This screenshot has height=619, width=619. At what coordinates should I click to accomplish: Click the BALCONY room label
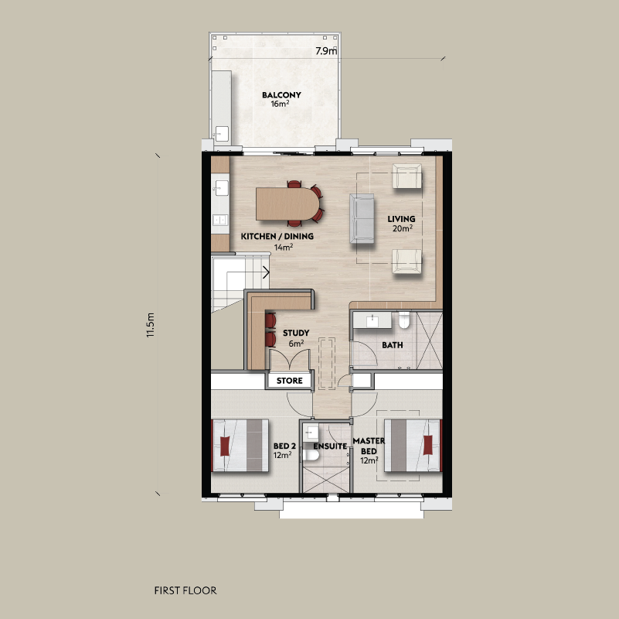[x=281, y=95]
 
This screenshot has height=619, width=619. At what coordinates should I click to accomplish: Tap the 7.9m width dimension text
[x=326, y=51]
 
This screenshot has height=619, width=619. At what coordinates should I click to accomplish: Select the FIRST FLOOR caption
[x=185, y=590]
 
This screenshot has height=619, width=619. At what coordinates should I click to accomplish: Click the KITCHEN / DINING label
[x=277, y=236]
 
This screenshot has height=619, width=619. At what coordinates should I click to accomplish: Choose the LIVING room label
[x=400, y=219]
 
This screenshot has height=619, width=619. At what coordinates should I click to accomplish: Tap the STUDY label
[x=296, y=333]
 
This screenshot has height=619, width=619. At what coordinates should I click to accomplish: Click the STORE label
[x=290, y=381]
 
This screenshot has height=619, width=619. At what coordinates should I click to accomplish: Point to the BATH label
[x=393, y=345]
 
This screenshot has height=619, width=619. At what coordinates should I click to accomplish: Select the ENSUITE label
[x=329, y=446]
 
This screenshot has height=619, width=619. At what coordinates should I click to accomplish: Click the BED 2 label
[x=284, y=446]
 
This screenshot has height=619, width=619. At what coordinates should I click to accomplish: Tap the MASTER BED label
[x=364, y=446]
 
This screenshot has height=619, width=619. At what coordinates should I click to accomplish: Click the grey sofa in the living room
[x=361, y=219]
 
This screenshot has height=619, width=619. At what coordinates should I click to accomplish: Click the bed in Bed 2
[x=240, y=446]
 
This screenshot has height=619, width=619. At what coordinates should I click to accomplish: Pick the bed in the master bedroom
[x=413, y=445]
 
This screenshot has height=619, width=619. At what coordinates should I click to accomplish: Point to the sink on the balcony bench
[x=221, y=133]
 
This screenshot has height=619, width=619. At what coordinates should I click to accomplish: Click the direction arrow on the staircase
[x=266, y=272]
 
